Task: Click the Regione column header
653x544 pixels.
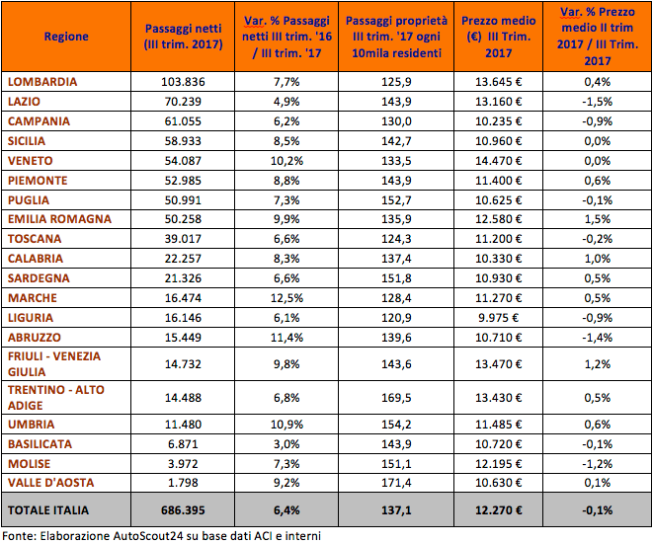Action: (66, 37)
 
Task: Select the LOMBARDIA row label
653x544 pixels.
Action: (42, 82)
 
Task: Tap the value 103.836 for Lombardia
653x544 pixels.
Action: (183, 82)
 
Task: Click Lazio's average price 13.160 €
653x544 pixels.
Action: (499, 102)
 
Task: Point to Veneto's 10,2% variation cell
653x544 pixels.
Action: (286, 161)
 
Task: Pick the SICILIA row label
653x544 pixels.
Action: (27, 141)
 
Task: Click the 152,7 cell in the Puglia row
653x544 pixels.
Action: (396, 200)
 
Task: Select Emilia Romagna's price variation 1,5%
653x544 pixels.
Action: (598, 219)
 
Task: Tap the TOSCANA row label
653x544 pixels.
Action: (35, 239)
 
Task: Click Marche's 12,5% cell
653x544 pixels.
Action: (286, 298)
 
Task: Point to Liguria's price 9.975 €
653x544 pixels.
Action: (499, 318)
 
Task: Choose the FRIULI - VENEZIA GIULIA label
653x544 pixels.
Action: (54, 364)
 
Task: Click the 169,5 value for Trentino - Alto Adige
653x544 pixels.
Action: (396, 398)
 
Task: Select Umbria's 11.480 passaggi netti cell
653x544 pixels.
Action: (183, 425)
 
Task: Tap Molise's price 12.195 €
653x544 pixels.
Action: (499, 464)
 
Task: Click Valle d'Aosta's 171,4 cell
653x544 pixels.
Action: (396, 483)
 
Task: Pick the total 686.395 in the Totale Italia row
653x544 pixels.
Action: (183, 510)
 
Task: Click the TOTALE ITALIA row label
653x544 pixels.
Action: (48, 510)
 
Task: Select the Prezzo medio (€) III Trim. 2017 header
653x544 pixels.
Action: (499, 37)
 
